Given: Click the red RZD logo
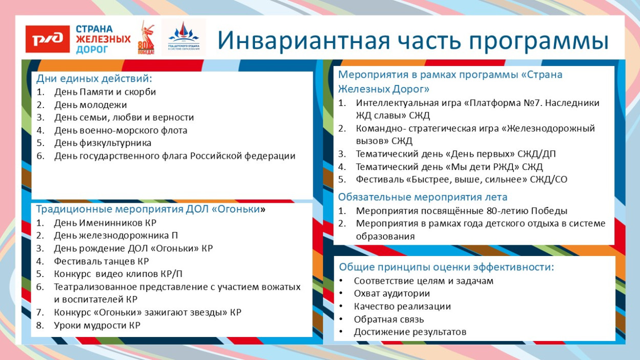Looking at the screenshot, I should point(48,38).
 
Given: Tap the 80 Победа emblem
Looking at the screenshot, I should point(145,38).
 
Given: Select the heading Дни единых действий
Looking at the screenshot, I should point(94,79).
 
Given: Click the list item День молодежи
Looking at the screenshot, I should point(90,105).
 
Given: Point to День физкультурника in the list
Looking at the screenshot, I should point(102,143).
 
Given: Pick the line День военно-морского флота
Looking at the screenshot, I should point(121,130).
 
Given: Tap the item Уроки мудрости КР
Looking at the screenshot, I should point(97,325).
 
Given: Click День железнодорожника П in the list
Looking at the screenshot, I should point(116,236).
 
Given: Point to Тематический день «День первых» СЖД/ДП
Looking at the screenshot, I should point(455,154).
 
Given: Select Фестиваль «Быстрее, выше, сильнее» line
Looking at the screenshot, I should point(461,179).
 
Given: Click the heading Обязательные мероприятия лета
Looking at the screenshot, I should point(422,197).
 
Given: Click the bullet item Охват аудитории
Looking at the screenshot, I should point(392,293).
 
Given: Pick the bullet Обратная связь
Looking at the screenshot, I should point(389,319).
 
